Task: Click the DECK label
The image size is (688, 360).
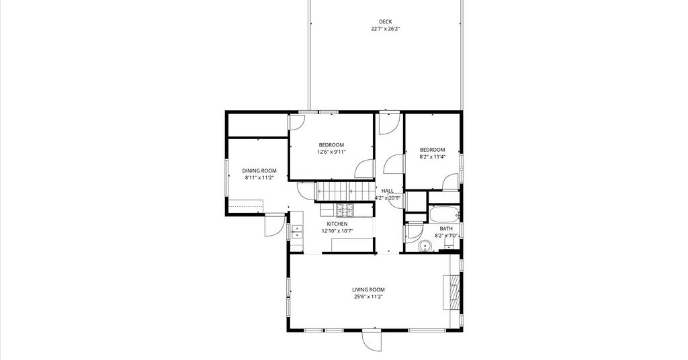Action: tap(385, 21)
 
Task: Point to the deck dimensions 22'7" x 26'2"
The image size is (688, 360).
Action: tap(385, 29)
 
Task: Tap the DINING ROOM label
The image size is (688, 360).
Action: tap(259, 171)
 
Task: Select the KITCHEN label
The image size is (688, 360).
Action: tap(337, 224)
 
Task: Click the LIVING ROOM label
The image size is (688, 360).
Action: tap(369, 289)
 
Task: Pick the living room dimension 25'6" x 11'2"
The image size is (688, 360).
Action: tap(369, 297)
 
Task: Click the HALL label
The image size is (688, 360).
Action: tap(388, 191)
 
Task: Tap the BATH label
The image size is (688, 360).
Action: tap(446, 228)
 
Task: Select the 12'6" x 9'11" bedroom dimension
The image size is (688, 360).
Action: tap(332, 152)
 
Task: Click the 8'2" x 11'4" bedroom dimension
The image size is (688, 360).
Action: tap(432, 156)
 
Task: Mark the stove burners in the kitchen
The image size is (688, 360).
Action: tap(345, 211)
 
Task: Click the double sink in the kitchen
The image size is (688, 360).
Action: tap(297, 232)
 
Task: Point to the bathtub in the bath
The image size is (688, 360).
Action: tap(445, 215)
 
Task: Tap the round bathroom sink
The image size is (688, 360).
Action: tap(425, 246)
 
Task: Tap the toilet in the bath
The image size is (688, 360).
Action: tap(448, 247)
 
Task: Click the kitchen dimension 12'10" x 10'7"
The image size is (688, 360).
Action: tap(337, 231)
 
